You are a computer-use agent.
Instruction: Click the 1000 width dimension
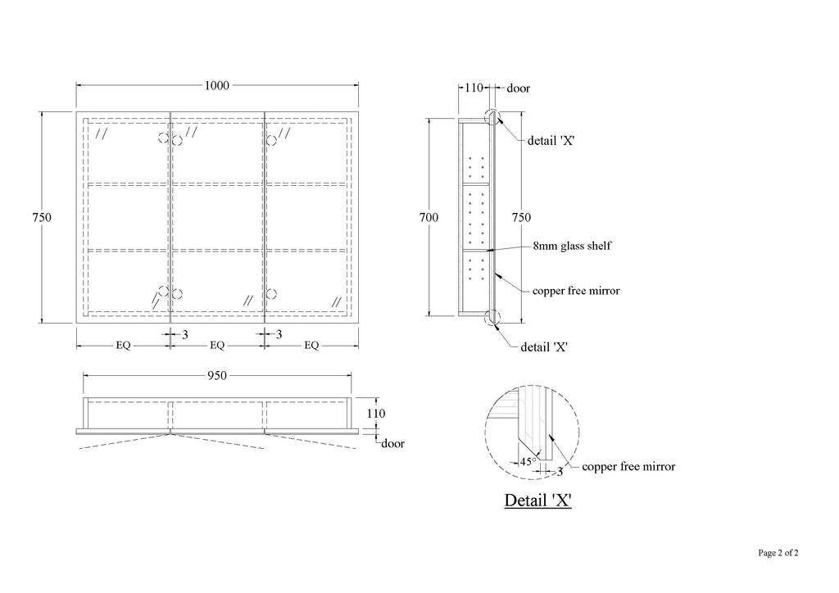[x=216, y=85]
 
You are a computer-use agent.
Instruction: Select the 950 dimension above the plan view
[x=216, y=376]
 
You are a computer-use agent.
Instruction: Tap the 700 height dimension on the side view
[x=429, y=217]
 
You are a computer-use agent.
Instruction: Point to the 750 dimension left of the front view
[x=42, y=217]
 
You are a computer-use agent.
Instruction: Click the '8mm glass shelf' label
[x=572, y=246]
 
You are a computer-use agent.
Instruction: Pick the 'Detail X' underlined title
[x=538, y=500]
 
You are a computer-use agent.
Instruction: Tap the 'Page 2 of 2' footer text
[x=778, y=553]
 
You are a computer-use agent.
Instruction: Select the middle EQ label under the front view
[x=217, y=346]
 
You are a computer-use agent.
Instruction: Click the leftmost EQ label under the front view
[x=123, y=346]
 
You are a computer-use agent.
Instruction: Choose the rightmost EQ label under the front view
[x=311, y=346]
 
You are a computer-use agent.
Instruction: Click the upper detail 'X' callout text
[x=551, y=141]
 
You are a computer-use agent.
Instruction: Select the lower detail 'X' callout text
[x=544, y=347]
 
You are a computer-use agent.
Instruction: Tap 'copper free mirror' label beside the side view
[x=576, y=291]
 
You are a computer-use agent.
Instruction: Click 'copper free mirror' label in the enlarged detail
[x=628, y=467]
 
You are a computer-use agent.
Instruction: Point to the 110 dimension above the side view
[x=474, y=88]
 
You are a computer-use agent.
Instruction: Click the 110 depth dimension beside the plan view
[x=375, y=414]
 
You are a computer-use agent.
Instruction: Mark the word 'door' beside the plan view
[x=392, y=443]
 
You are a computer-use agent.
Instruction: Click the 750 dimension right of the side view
[x=521, y=217]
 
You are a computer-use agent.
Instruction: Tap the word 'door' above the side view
[x=519, y=88]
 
